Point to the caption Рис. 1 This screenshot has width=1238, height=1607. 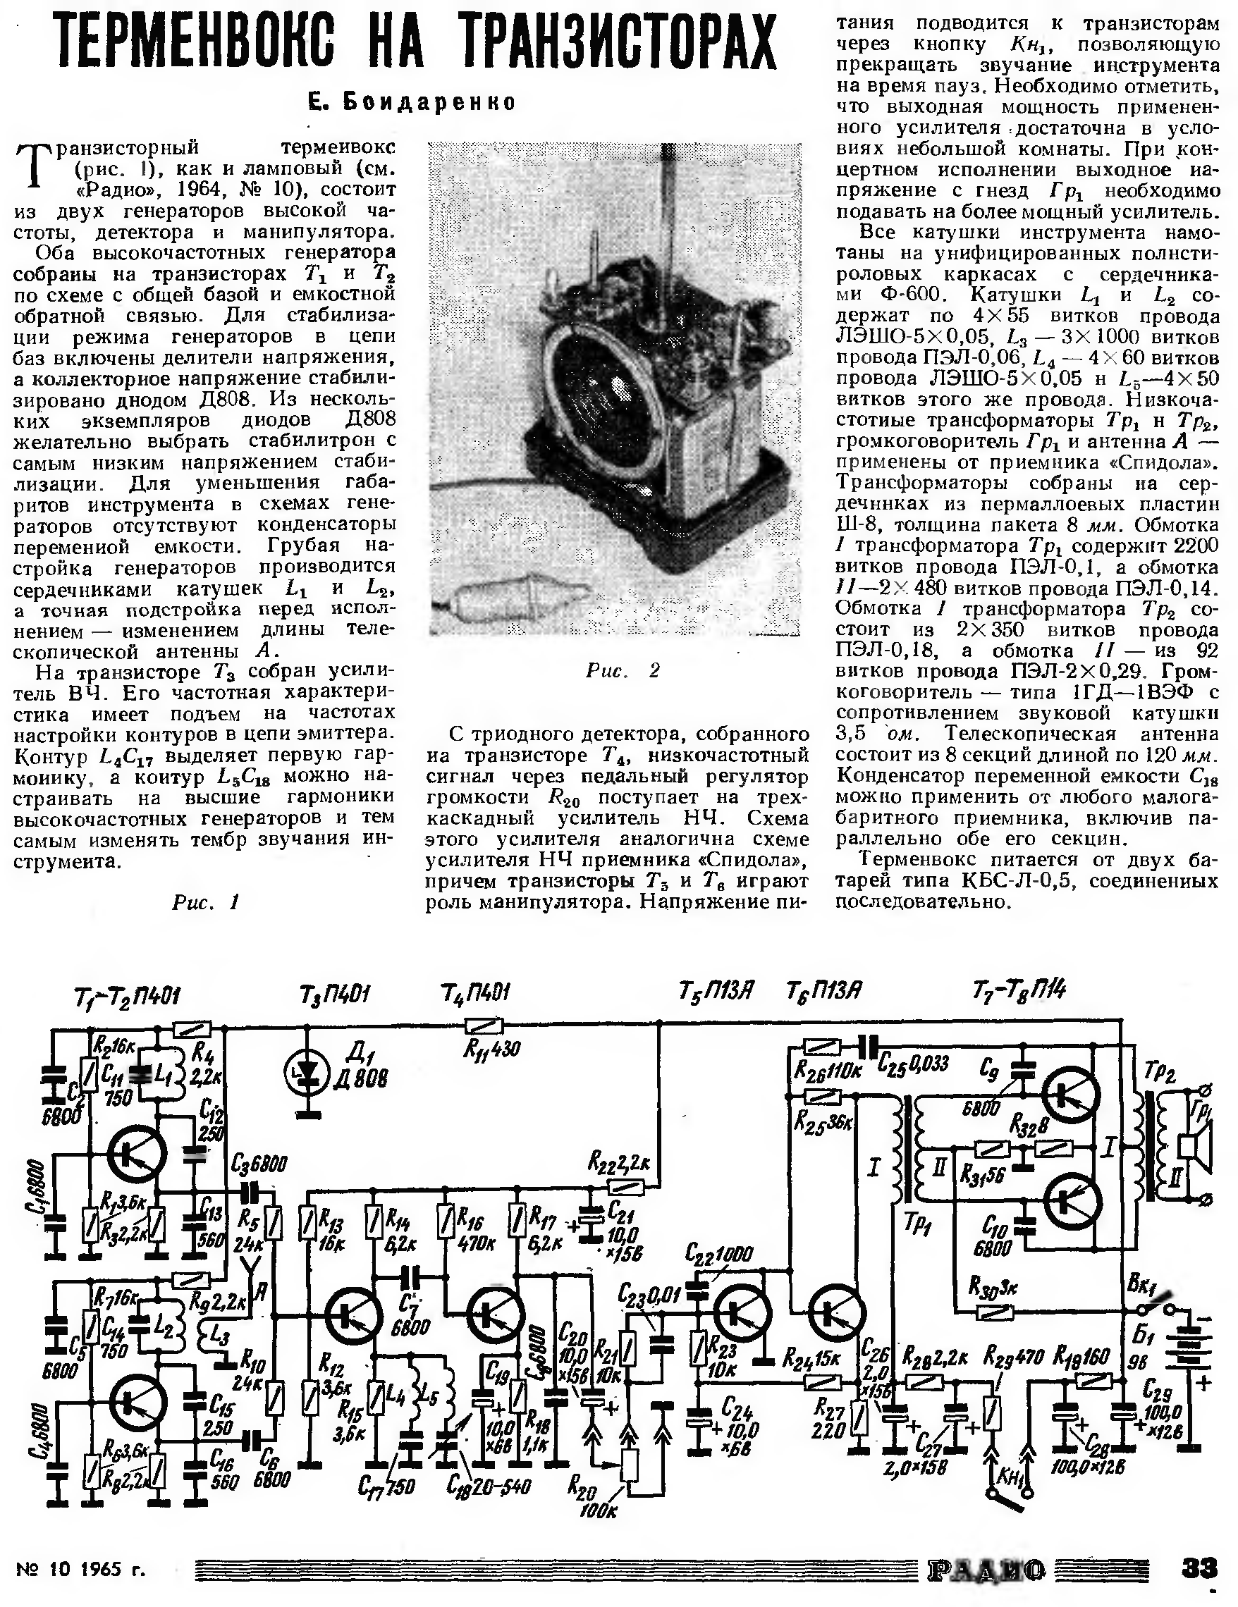[x=206, y=902]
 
